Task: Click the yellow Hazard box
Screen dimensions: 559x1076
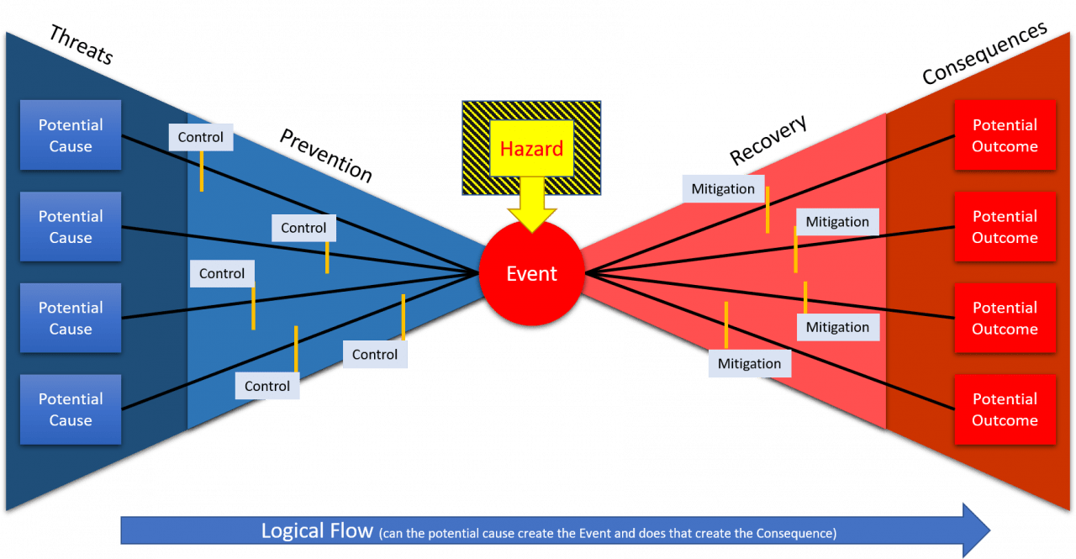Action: coord(531,149)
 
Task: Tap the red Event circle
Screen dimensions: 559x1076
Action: coord(531,273)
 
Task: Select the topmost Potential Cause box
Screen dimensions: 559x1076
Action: coord(71,135)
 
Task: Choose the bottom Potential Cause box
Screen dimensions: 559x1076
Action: coord(71,409)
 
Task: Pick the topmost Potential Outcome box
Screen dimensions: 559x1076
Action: coord(1005,135)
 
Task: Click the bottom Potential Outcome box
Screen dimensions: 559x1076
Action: coord(1005,409)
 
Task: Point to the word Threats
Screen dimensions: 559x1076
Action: coord(81,45)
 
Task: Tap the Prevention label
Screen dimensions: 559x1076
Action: coord(326,156)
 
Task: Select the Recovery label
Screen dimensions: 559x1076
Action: coord(768,140)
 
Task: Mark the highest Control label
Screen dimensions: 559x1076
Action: coord(201,137)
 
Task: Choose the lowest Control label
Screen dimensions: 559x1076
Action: coord(267,386)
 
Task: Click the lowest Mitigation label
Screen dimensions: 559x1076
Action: coord(749,363)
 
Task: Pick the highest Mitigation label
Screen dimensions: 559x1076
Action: coord(723,189)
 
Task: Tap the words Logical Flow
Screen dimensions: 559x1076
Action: coord(317,531)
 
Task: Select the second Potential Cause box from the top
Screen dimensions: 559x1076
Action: coord(71,227)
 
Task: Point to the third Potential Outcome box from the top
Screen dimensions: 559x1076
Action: coord(1005,318)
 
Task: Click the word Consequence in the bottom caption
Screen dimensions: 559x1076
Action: coord(795,534)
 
